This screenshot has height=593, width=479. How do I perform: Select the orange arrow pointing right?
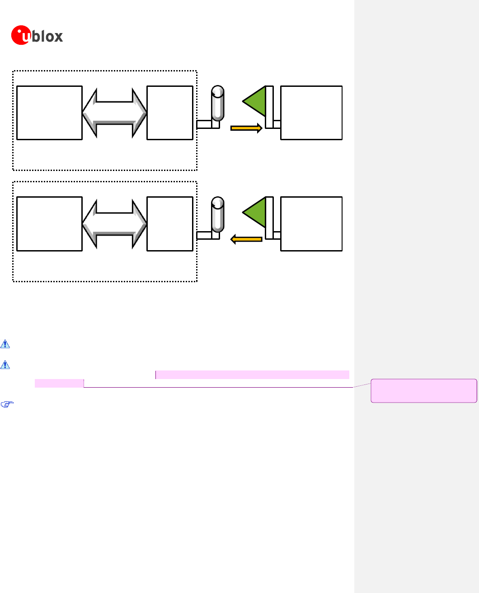coord(246,128)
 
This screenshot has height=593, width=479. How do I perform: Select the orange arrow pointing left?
coord(246,239)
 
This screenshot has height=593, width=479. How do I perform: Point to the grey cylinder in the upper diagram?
coord(218,104)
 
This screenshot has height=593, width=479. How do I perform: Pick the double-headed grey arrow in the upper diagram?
coord(115,113)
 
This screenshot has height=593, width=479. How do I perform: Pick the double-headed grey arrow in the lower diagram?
coord(115,224)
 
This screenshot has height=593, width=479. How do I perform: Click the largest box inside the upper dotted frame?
coord(49,113)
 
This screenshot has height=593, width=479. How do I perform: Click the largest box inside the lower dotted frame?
coord(49,224)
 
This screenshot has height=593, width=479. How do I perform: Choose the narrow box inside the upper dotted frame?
coord(170,113)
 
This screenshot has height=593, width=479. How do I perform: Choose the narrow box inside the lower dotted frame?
coord(170,224)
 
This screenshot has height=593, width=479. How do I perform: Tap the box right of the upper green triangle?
coord(311,113)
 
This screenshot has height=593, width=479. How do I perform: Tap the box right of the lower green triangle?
coord(311,224)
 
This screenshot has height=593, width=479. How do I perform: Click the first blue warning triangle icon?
coord(5,344)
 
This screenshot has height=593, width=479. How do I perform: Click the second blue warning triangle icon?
coord(5,365)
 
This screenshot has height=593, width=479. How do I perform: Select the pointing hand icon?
coord(5,405)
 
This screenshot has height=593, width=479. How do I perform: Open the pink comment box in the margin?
coord(424,391)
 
